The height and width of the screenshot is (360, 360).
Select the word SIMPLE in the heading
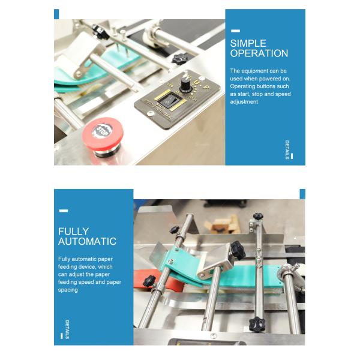pyautogui.click(x=248, y=43)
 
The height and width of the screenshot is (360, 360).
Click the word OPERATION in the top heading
pyautogui.click(x=259, y=53)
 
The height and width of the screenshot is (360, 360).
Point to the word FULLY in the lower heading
pyautogui.click(x=73, y=231)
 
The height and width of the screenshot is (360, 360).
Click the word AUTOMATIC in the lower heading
pyautogui.click(x=87, y=241)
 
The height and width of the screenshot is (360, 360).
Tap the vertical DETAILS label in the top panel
pyautogui.click(x=287, y=150)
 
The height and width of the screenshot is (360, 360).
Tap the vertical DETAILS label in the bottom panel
pyautogui.click(x=67, y=329)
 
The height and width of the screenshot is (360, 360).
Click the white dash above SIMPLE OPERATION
pyautogui.click(x=235, y=30)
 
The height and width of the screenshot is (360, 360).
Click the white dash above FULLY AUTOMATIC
pyautogui.click(x=63, y=211)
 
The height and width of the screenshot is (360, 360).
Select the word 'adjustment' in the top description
pyautogui.click(x=244, y=102)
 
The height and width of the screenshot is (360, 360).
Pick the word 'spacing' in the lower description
pyautogui.click(x=68, y=290)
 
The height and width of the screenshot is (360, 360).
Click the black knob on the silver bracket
pyautogui.click(x=237, y=247)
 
